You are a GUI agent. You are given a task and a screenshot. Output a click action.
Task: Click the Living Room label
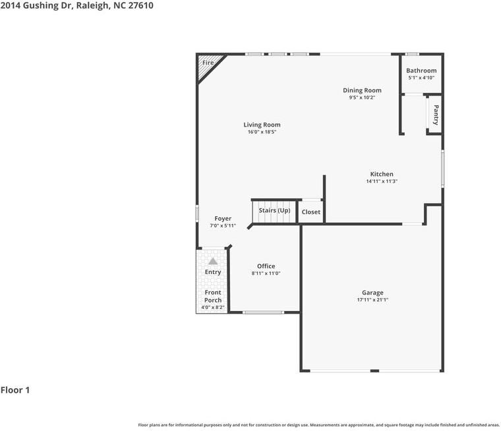click(x=262, y=125)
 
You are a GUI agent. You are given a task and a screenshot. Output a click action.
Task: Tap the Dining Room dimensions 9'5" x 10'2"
click(x=362, y=98)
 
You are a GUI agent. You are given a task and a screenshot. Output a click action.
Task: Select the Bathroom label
click(x=421, y=71)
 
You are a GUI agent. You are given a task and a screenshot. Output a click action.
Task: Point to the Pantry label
click(x=436, y=115)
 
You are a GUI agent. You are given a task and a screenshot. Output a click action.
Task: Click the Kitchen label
click(x=382, y=174)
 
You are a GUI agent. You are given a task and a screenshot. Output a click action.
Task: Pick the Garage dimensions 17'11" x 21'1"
click(x=372, y=300)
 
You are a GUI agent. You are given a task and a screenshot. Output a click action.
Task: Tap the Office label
click(x=266, y=266)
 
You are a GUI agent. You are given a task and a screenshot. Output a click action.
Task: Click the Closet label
click(x=311, y=212)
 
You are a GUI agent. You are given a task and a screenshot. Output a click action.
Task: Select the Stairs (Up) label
click(x=274, y=210)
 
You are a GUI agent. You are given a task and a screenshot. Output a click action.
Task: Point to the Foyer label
click(x=223, y=219)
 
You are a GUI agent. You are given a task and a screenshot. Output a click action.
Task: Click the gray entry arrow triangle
click(x=213, y=262)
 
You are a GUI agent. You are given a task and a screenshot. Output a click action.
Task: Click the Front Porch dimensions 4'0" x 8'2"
click(x=213, y=307)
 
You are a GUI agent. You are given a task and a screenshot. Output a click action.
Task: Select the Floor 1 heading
click(x=15, y=390)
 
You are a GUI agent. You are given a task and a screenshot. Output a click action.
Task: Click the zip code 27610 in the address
click(x=141, y=5)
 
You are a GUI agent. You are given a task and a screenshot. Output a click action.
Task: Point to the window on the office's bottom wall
click(x=263, y=312)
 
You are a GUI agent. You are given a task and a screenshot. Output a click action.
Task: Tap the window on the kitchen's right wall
click(x=443, y=168)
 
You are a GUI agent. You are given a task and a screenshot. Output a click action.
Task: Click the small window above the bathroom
click(x=412, y=54)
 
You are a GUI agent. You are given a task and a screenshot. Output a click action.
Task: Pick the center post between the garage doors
click(x=374, y=371)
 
